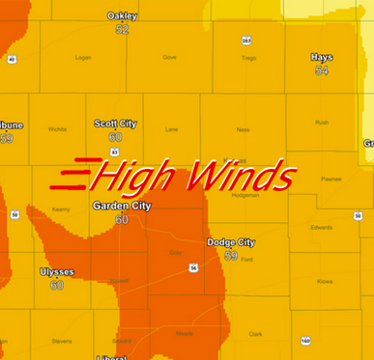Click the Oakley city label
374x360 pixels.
(122, 16)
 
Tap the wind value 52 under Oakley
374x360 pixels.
(122, 30)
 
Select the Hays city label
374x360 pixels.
(322, 57)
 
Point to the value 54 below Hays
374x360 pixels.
(322, 70)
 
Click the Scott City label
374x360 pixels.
(115, 124)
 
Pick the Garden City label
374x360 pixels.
(122, 207)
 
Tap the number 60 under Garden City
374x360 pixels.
(122, 220)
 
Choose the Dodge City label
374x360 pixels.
(231, 242)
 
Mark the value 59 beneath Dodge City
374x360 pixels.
(231, 256)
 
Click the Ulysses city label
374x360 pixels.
(56, 272)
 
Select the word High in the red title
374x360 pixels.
(135, 177)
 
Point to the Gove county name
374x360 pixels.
(170, 58)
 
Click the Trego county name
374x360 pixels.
(249, 58)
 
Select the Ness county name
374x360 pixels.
(243, 128)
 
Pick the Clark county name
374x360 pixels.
(256, 334)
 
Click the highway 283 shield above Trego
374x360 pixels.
(246, 41)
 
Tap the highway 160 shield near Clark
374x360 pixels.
(305, 341)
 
